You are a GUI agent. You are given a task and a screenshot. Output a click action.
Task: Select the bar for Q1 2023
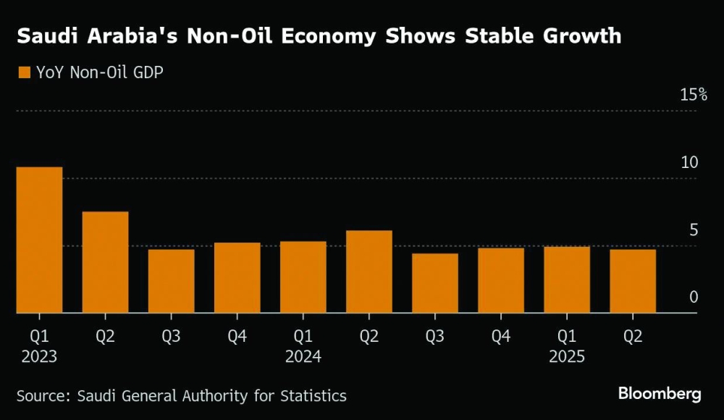39,240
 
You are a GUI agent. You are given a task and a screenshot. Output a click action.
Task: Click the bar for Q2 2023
105,262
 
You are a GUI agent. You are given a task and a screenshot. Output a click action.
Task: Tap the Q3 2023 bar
171,281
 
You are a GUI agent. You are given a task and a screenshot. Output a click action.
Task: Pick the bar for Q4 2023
237,277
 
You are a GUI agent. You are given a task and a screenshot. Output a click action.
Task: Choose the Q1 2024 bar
303,277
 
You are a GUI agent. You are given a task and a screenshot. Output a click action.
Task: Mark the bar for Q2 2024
369,272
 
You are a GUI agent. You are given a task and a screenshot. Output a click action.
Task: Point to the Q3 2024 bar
434,283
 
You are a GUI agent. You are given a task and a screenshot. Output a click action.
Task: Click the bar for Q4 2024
500,280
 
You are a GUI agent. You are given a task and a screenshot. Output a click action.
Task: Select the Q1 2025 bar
566,280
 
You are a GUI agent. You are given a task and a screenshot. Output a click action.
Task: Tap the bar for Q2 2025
632,281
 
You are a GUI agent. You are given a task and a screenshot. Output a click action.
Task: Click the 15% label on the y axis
693,95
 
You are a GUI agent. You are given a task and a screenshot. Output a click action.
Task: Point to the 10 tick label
689,162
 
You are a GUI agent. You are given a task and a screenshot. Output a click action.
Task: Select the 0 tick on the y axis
694,298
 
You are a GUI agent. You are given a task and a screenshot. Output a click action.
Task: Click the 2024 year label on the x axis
303,357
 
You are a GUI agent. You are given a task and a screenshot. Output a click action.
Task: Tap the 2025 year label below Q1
566,357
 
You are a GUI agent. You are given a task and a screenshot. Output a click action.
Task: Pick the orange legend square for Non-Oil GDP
23,72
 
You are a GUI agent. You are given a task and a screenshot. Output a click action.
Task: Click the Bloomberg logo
660,394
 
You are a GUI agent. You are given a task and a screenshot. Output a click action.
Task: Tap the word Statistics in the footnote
309,396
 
